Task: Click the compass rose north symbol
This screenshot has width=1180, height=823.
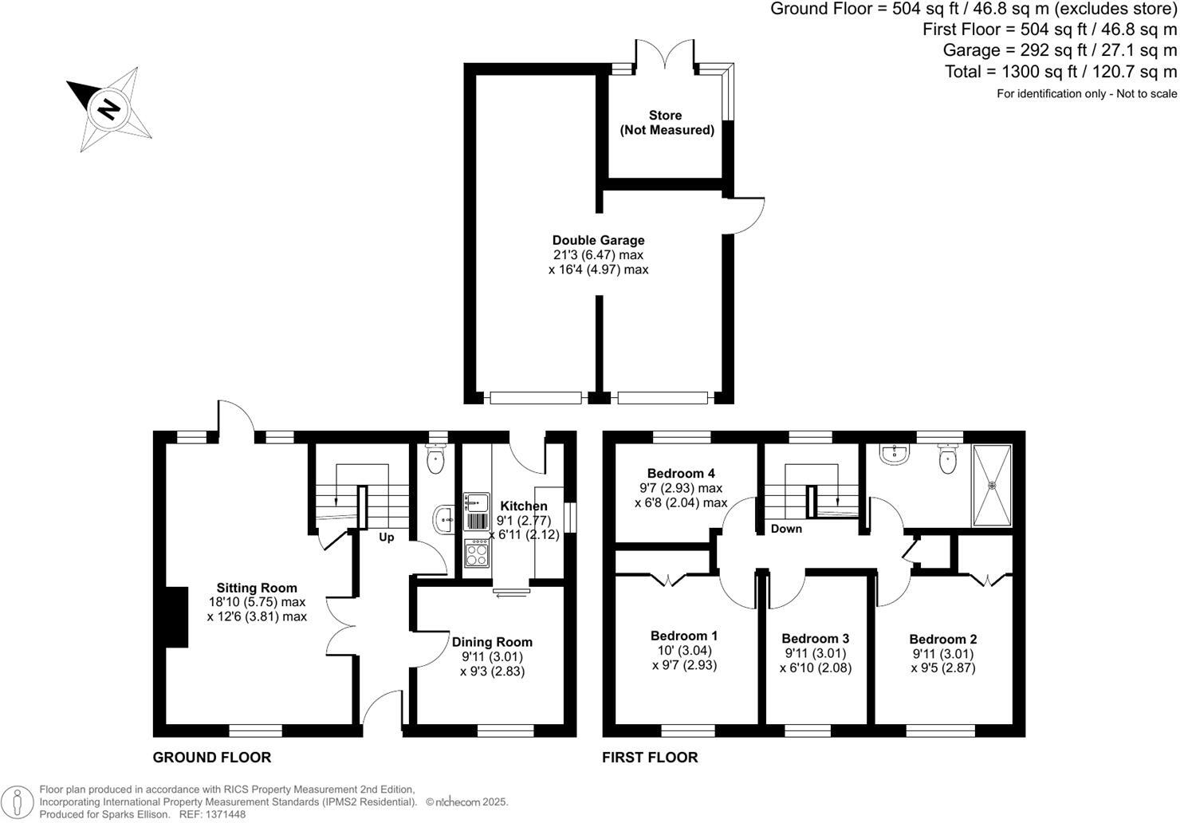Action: tap(108, 108)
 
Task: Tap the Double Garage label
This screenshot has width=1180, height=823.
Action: tap(598, 240)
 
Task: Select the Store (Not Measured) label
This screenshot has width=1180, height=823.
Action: tap(666, 123)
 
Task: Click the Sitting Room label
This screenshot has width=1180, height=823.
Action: tap(257, 589)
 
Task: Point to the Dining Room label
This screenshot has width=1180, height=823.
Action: tap(492, 642)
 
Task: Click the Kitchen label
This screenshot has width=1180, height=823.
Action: tap(524, 506)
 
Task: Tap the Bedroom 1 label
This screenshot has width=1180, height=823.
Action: tap(684, 636)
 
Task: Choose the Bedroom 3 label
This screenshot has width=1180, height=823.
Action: tap(815, 638)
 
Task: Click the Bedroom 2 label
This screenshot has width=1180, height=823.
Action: tap(942, 639)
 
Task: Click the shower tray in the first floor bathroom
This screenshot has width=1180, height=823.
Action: tap(992, 485)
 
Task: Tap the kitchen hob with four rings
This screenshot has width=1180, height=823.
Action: tap(477, 553)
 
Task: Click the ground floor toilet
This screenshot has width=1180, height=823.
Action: tap(435, 460)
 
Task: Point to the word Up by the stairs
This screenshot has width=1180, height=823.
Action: tap(386, 538)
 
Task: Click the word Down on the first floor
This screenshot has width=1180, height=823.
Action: tap(786, 529)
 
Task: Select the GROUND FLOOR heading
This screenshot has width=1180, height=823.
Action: tap(212, 758)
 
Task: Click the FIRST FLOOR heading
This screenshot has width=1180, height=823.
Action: tap(650, 758)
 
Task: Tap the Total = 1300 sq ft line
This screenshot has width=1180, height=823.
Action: tap(1060, 72)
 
